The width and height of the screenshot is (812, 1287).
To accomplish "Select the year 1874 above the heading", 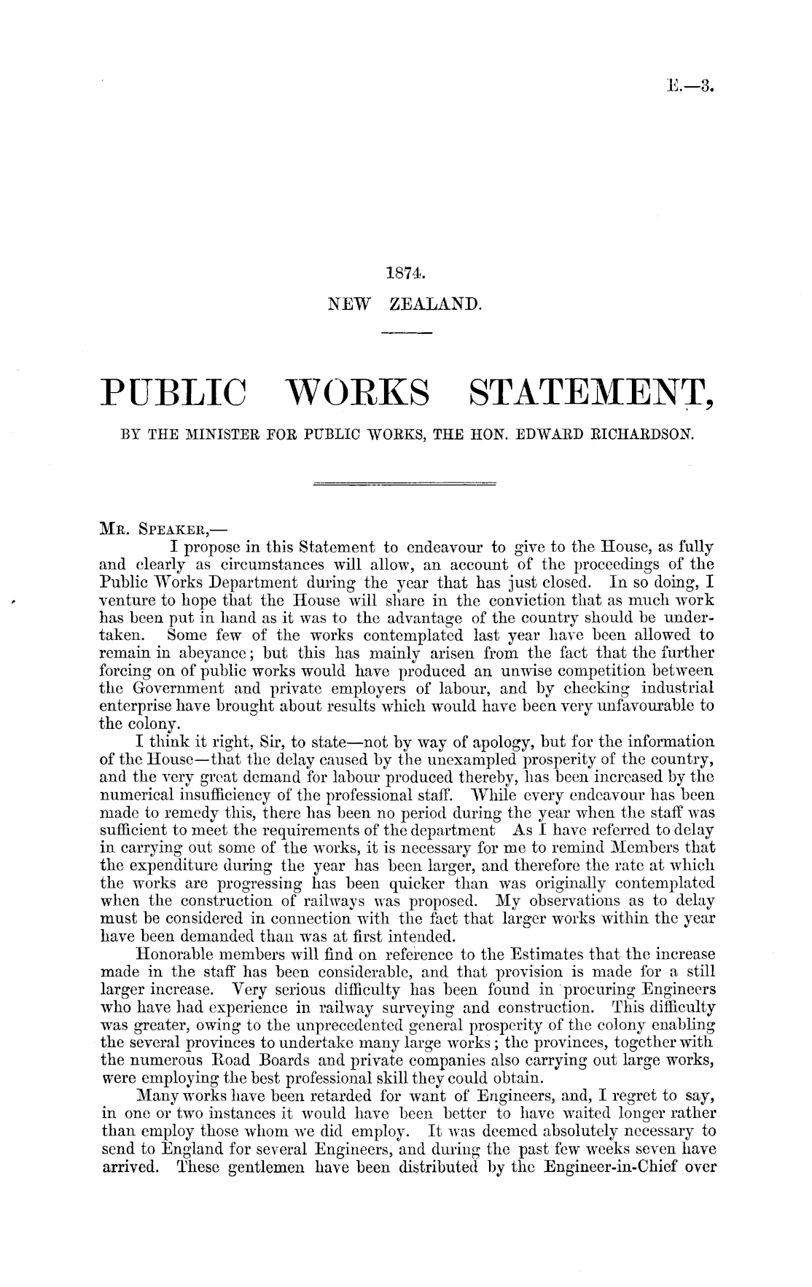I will (x=405, y=275).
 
